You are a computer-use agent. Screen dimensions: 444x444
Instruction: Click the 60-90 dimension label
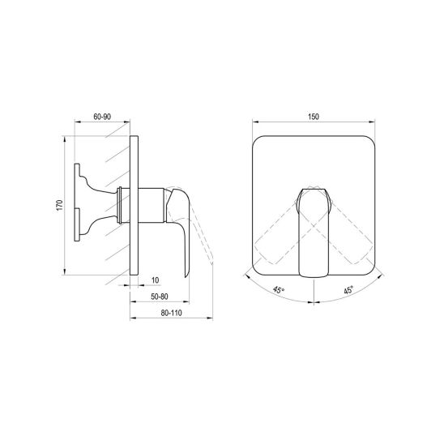click(102, 117)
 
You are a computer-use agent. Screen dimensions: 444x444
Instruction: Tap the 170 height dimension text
click(59, 205)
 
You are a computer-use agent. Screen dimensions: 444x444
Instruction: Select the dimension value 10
click(156, 280)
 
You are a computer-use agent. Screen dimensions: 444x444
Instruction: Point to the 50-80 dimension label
click(160, 297)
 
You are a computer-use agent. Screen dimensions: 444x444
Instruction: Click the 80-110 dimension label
click(171, 313)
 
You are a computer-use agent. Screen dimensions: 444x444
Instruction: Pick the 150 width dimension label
click(314, 117)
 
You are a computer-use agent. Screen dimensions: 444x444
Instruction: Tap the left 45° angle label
click(279, 290)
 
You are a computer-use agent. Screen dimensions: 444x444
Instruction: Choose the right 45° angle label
click(348, 290)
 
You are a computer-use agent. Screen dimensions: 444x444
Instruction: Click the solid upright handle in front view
click(314, 233)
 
